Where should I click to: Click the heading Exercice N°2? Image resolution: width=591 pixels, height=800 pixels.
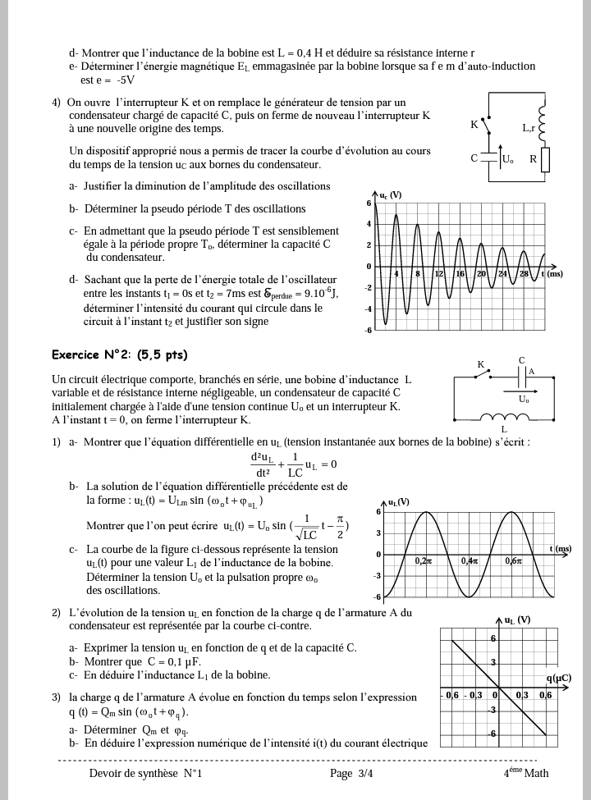point(119,355)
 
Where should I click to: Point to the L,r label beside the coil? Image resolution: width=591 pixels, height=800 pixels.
point(529,128)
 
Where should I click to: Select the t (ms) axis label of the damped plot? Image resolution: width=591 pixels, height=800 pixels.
point(552,273)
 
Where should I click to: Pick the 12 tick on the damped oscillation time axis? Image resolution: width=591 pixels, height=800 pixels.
point(439,273)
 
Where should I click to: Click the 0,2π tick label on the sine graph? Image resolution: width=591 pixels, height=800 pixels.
point(424,561)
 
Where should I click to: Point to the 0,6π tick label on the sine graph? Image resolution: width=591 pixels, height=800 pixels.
point(515,561)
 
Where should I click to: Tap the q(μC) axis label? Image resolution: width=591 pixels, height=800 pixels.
point(558,678)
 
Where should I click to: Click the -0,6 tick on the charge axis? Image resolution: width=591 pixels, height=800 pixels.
point(451,696)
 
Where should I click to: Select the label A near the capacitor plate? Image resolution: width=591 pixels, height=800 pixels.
point(531,372)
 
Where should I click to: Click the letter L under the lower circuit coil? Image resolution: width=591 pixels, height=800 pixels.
point(503,428)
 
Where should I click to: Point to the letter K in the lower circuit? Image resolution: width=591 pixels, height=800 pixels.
point(481,364)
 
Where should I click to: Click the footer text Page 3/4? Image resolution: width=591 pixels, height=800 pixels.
point(350,773)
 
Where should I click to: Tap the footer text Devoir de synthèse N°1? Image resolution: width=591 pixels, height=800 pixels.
point(145,773)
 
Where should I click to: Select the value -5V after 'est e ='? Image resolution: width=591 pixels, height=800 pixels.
point(126,80)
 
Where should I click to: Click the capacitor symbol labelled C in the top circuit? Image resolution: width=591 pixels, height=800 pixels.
point(489,158)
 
